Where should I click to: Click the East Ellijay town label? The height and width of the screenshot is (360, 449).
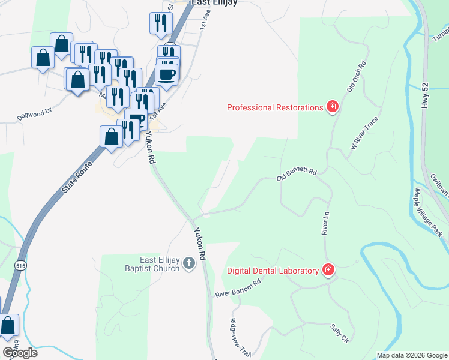pos(215,3)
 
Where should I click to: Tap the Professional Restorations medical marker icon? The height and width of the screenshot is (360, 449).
pos(332,107)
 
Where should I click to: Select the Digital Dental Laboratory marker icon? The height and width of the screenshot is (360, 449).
pos(328,270)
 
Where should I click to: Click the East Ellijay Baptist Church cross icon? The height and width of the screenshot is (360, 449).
pos(189,263)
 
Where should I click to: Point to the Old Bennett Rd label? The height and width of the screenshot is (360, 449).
pos(296,174)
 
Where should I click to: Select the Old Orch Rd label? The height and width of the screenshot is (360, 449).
pos(356,76)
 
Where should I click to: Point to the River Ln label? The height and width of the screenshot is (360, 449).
pos(325,223)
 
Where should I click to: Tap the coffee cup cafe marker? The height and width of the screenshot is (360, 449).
pos(166,75)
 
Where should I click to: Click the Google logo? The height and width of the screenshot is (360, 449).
pos(20,353)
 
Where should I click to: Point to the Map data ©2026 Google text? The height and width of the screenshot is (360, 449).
pos(411,355)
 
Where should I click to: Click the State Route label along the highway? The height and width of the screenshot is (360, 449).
pos(78,176)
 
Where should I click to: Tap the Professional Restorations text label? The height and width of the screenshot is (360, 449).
pos(275,107)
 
